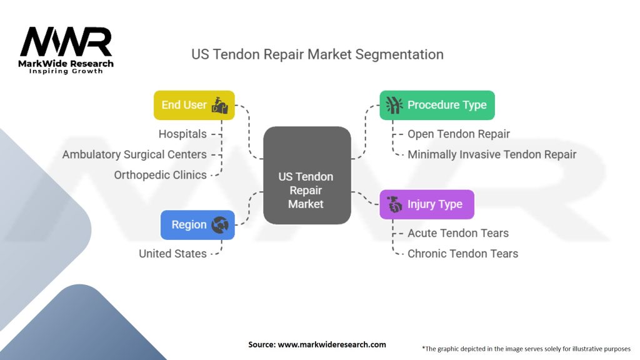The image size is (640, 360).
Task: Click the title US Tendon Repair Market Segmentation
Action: coord(317,54)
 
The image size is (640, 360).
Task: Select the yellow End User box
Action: coord(194,105)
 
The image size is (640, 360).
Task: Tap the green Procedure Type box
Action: coord(437,105)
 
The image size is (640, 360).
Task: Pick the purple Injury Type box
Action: coord(427,204)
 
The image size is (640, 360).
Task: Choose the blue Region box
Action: coord(197,225)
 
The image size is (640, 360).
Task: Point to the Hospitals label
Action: coord(182,134)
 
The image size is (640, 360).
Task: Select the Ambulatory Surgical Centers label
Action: coord(134,154)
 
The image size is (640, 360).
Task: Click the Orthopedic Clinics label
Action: coord(160,175)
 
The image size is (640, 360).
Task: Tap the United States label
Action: coord(172,254)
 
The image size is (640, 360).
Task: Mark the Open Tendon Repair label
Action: coord(459,134)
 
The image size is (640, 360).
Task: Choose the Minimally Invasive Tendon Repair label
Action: coord(492,154)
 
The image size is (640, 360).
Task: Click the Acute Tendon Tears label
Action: coord(458,233)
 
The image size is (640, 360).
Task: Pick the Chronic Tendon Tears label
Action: coord(462,254)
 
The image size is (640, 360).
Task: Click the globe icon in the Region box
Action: coord(220,225)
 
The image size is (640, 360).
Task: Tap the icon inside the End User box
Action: coord(220,105)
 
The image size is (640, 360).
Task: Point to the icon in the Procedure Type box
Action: coord(394,105)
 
